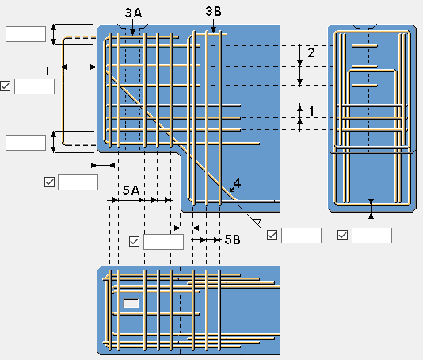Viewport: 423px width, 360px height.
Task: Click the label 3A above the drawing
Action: coord(133,13)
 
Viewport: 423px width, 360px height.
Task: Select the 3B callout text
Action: coord(213,11)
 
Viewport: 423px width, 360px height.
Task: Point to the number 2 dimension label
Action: coord(311,52)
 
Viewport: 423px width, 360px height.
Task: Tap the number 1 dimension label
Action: coord(311,111)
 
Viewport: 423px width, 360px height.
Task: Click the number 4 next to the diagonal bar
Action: coord(237,183)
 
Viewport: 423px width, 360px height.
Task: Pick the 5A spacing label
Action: coord(131,190)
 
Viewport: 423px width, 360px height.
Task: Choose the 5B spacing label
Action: coord(232,239)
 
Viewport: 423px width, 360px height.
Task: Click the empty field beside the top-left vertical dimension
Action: coord(25,34)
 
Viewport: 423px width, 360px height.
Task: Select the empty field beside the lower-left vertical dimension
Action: coord(25,143)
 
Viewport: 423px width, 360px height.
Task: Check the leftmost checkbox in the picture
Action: coord(5,86)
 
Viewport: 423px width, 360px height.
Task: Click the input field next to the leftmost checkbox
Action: coord(34,86)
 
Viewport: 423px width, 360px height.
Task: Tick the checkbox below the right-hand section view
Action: coord(342,235)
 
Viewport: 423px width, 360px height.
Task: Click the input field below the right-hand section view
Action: coord(372,236)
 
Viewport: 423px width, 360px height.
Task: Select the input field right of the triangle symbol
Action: coord(301,236)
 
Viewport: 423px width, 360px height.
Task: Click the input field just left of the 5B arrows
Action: coord(163,241)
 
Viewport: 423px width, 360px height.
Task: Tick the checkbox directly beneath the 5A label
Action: coord(134,241)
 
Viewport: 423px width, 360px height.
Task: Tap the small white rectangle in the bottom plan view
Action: coord(131,303)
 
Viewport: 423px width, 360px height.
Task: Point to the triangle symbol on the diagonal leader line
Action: coord(257,222)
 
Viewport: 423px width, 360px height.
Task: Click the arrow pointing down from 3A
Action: coord(132,27)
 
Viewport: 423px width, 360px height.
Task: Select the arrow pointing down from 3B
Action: coord(213,26)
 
